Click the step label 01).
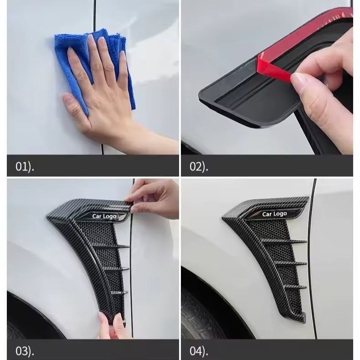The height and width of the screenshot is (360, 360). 25,167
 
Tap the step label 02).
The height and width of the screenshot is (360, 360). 199,167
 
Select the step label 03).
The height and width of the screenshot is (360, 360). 25,351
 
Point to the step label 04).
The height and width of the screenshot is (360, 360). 199,351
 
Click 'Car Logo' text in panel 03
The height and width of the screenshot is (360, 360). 104,216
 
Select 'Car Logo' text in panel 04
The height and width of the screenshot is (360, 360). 274,214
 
